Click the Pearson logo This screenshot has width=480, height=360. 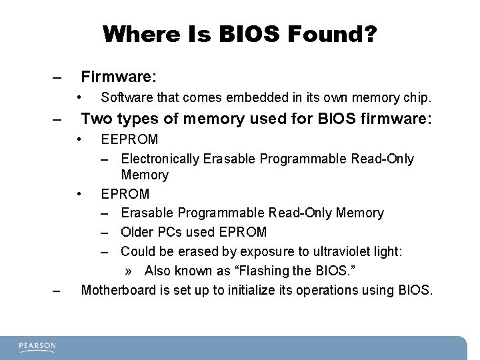37,346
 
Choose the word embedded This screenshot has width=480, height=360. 248,98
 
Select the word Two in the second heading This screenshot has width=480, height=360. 95,120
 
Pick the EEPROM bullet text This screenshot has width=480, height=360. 129,140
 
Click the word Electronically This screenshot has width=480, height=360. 161,159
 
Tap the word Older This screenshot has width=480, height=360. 138,232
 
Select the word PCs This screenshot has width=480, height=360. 171,232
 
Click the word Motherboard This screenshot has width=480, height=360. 117,290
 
